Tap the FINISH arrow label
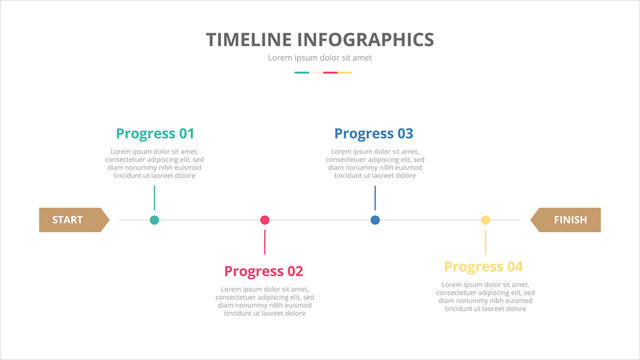tap(568, 219)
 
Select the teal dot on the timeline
tap(154, 220)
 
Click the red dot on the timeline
tap(265, 220)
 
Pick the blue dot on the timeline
tap(375, 220)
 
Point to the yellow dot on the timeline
tap(486, 220)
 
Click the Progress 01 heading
tap(155, 133)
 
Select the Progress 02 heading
tap(264, 271)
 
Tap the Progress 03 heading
tap(373, 133)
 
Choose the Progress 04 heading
tap(484, 267)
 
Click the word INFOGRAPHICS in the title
tap(371, 40)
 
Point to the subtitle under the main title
tap(320, 58)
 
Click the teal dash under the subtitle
tap(302, 72)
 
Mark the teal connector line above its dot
tap(154, 197)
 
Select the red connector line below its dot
tap(265, 242)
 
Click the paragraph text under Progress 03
tap(375, 163)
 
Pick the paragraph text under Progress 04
tap(485, 297)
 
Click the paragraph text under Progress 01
tap(154, 163)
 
